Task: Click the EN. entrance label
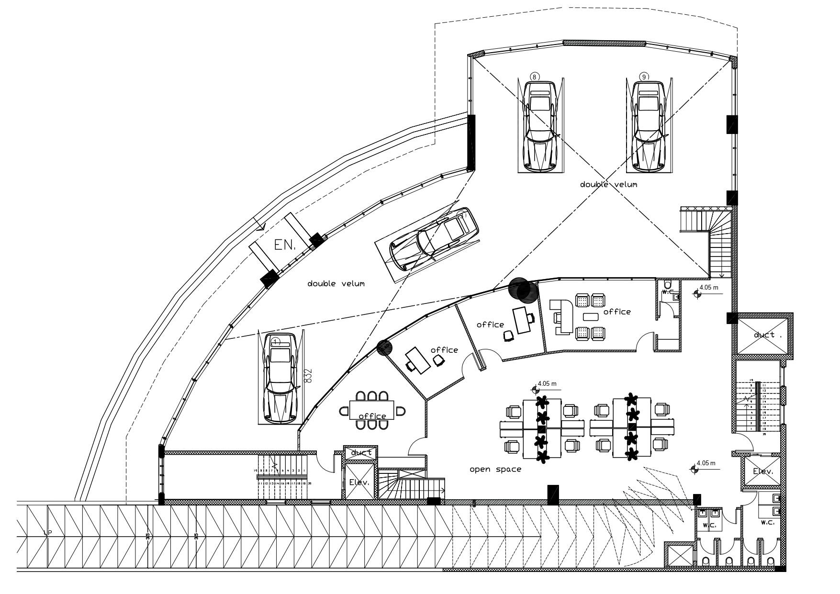point(285,245)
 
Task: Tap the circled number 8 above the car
point(535,77)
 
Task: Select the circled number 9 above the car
point(644,77)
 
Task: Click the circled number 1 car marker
point(276,341)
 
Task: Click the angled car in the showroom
point(434,240)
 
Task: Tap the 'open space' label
point(495,470)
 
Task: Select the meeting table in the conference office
point(372,410)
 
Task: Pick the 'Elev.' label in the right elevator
point(762,471)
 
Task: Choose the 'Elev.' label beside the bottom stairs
point(359,482)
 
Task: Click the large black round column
point(523,290)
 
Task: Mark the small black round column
point(384,347)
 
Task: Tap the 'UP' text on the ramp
point(47,533)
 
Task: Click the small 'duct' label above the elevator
point(361,452)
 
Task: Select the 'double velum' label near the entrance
point(336,284)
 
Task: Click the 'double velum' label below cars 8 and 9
point(608,184)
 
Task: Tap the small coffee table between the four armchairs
point(591,316)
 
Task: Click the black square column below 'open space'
point(553,494)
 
